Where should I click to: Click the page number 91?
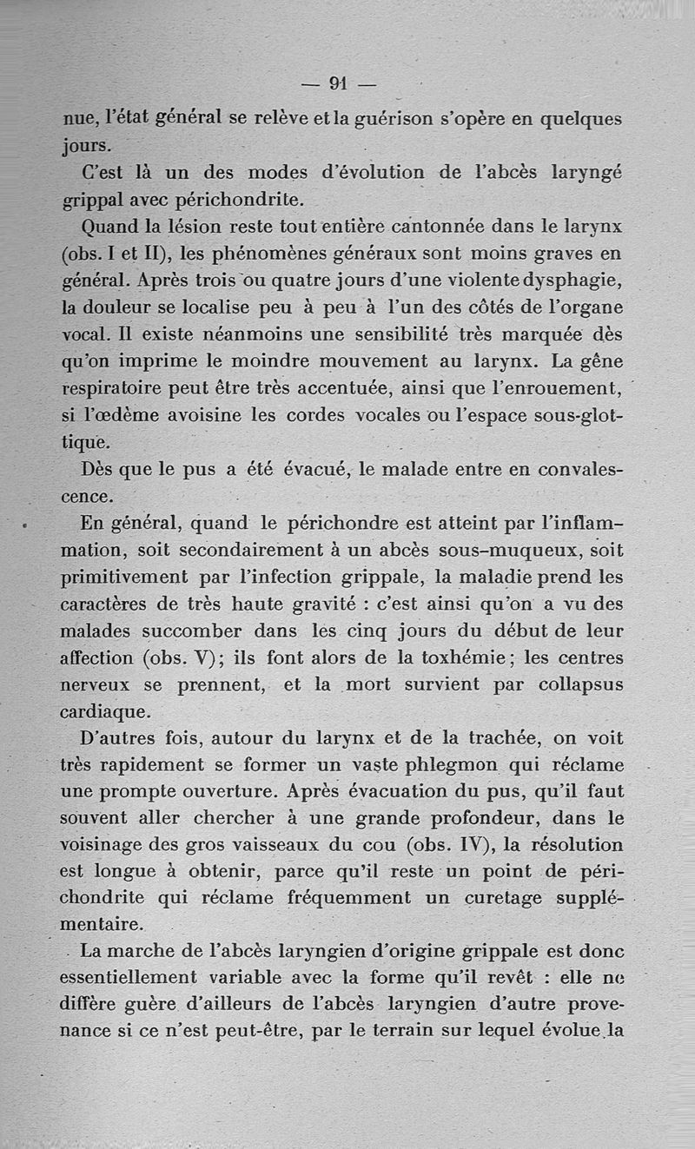click(339, 83)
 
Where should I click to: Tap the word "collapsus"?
click(580, 685)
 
